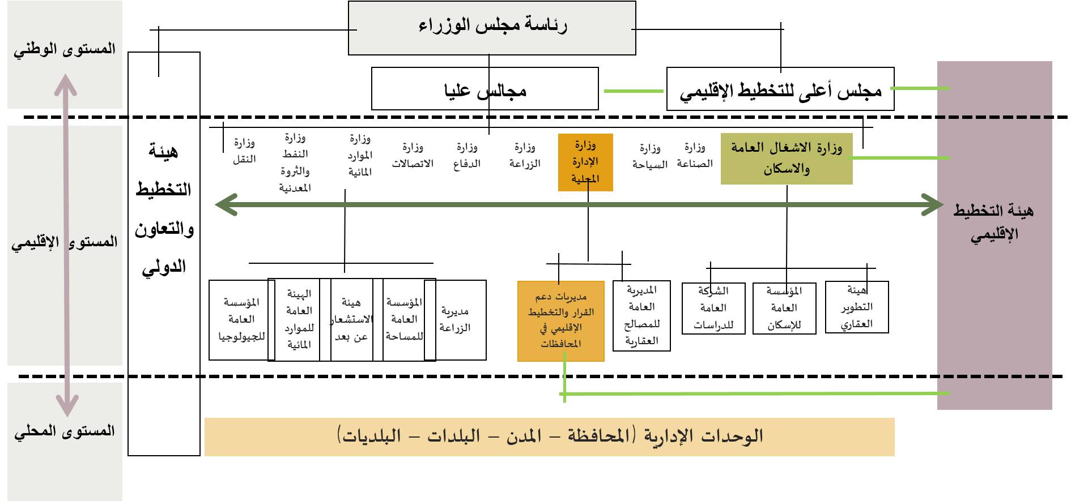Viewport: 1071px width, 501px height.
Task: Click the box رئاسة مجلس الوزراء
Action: (492, 28)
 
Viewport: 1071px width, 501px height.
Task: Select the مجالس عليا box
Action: (484, 89)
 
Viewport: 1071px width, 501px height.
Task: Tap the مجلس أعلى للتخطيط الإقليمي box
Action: (780, 89)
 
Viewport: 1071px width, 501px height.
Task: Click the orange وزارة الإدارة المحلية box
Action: (585, 162)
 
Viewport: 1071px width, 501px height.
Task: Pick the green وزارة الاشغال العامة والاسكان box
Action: (787, 159)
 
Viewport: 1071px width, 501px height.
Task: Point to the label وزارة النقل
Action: (244, 151)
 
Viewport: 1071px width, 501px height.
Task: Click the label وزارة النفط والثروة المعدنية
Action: (295, 162)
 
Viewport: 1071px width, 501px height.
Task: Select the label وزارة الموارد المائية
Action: (360, 156)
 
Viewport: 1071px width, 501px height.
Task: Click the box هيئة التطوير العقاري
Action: (857, 307)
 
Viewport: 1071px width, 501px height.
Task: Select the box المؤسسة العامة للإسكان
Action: (784, 309)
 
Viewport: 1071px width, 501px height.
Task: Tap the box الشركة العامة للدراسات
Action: (713, 309)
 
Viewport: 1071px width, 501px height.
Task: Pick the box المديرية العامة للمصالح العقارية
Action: (641, 316)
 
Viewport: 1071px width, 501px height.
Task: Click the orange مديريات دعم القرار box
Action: (560, 321)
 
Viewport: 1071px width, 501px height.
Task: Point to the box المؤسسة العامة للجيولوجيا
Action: (239, 320)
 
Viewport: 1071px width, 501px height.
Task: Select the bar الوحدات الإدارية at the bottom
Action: (549, 436)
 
